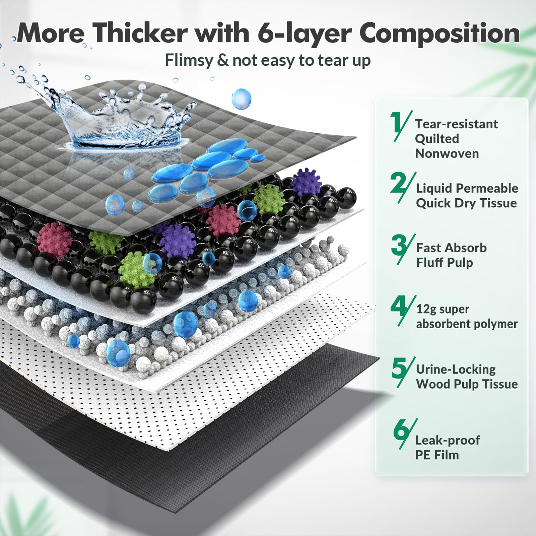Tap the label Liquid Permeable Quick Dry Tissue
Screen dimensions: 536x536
point(467,196)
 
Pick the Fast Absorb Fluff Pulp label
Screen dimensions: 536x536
point(451,255)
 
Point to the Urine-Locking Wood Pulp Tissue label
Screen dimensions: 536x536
point(467,377)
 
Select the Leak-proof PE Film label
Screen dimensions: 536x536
point(447,448)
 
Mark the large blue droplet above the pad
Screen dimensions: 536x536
point(241,98)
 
